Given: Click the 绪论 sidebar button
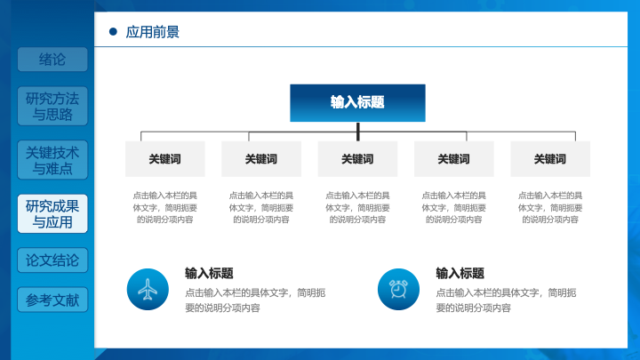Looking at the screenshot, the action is point(52,60).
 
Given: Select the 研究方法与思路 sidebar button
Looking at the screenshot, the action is point(52,106).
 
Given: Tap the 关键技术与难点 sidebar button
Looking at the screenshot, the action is point(52,160).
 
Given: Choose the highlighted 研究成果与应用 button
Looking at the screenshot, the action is point(52,214).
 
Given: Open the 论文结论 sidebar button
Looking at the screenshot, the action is point(52,260).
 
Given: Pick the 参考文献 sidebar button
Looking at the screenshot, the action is point(52,300).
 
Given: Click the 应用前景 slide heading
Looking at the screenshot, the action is point(152,32).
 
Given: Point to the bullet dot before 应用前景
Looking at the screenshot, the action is point(113,31).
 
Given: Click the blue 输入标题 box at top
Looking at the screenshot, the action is point(357,103).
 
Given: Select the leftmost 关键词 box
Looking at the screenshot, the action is point(165,159).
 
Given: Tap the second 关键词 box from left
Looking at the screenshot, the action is point(261,159).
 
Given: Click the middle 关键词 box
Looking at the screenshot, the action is point(357,159).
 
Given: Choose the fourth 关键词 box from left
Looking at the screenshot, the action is point(454,159).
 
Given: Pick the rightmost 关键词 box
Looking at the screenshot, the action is point(550,159).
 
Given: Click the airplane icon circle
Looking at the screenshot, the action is point(148,290).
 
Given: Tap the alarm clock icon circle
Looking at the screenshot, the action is point(398,290).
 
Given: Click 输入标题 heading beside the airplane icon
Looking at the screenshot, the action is point(209,273).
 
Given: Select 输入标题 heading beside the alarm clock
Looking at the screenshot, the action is point(460,273).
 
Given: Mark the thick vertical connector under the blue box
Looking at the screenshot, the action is point(358,132).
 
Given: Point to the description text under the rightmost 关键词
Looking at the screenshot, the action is point(550,207).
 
